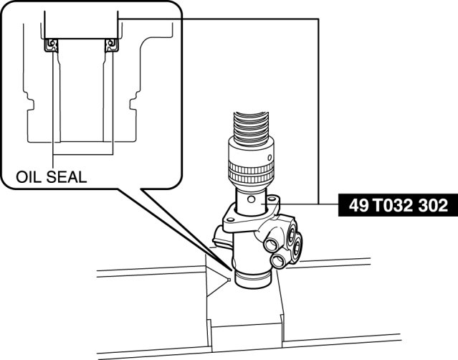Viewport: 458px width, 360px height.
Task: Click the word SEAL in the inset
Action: [x=69, y=176]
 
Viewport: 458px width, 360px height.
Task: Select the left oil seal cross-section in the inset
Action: [x=51, y=45]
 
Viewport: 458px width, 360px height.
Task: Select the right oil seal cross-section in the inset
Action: [x=111, y=45]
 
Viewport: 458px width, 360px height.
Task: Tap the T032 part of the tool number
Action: [x=395, y=206]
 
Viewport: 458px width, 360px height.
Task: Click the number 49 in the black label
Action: [x=361, y=206]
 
